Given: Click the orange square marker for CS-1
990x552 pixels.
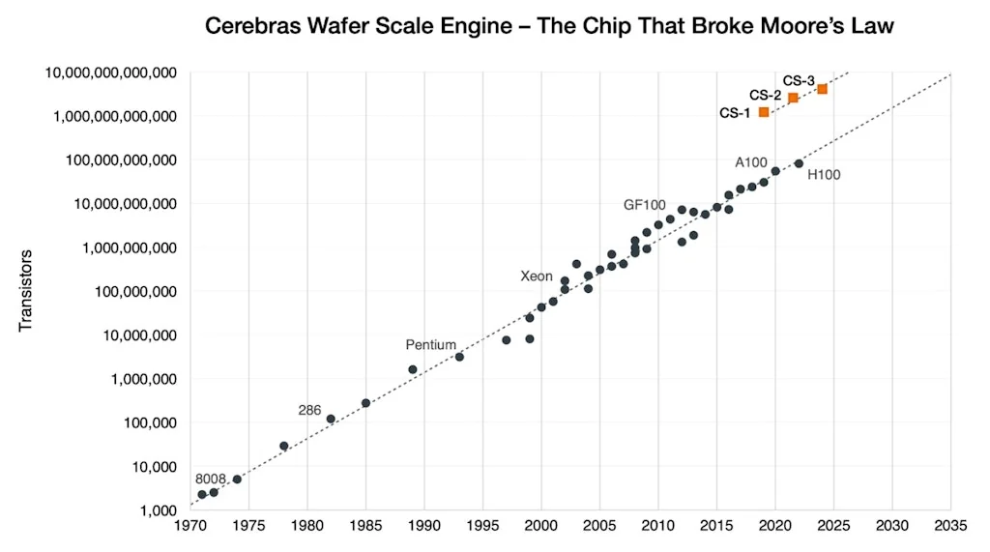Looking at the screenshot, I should click(x=764, y=112).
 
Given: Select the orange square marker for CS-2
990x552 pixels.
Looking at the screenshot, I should click(x=793, y=98).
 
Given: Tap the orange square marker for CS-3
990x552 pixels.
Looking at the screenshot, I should click(x=822, y=89).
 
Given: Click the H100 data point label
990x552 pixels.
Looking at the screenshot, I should click(x=824, y=175).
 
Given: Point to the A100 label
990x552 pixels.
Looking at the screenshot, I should click(x=751, y=162).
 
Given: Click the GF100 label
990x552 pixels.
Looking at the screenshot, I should click(x=644, y=206).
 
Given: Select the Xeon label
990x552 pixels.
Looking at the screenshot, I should click(x=537, y=276).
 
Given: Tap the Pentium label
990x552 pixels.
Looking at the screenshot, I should click(x=430, y=345).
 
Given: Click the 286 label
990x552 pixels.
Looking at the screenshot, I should click(x=309, y=411).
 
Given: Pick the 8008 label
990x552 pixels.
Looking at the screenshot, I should click(x=210, y=479).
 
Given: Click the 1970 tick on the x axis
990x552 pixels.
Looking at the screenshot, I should click(x=190, y=528).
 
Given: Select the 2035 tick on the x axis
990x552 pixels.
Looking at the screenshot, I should click(x=950, y=528).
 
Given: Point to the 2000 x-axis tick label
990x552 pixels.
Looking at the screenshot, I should click(x=541, y=528).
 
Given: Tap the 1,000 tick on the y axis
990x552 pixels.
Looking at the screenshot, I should click(x=159, y=510).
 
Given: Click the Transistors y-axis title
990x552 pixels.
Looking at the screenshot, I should click(x=26, y=291).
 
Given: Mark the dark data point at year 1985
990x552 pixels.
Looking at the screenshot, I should click(x=365, y=403).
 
